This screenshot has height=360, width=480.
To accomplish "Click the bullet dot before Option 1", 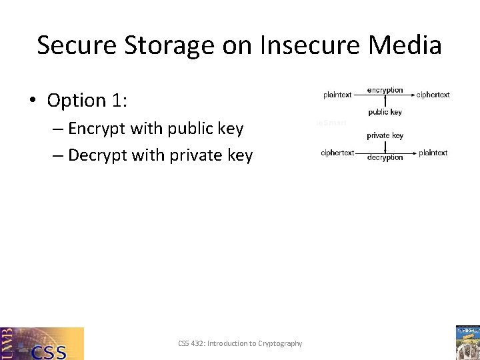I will coord(32,101).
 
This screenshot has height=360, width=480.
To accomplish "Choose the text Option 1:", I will coord(87,100).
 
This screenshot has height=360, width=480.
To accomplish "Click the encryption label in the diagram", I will coord(385,90).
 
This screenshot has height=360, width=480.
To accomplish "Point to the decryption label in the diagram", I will coord(385,157).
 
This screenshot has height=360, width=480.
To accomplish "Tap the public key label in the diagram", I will coord(385,112).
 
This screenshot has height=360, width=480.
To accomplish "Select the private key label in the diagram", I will coord(385,135).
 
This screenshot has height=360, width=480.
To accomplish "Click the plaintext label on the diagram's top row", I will coord(337,95).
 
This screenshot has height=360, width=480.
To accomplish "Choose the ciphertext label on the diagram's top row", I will coord(433,95).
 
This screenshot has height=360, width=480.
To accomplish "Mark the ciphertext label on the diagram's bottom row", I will coord(337,153).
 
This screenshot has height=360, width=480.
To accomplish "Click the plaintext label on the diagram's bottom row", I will coord(433,153).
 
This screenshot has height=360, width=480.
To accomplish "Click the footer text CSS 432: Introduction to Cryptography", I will coord(240,343).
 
